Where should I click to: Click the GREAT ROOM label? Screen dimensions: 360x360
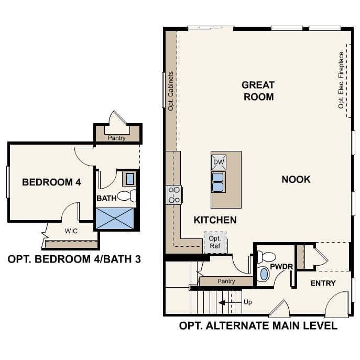point(258,91)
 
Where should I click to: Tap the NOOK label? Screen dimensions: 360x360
point(296,179)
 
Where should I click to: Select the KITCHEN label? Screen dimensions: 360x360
point(215,220)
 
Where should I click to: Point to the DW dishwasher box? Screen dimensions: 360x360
point(219,163)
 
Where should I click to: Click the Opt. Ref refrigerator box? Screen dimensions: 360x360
point(215,242)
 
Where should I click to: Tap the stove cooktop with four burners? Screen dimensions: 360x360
point(174,195)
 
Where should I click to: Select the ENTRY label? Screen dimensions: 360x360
point(323,283)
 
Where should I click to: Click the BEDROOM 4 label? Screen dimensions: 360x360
point(51,182)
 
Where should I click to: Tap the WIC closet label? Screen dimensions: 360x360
point(71,231)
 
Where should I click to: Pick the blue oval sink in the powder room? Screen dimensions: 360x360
point(264,274)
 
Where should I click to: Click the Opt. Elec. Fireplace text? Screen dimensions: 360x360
point(341,80)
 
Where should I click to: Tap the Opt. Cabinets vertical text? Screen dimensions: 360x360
point(171,91)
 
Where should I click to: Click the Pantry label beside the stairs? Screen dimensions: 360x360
point(226,281)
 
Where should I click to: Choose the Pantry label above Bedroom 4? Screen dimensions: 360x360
point(116,138)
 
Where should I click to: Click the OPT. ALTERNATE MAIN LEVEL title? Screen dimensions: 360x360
point(258,326)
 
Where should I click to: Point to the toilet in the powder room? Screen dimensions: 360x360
point(266,257)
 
